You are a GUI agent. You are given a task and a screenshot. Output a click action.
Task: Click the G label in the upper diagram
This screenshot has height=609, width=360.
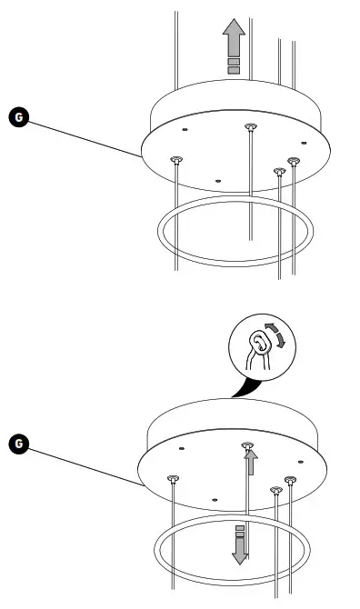18,116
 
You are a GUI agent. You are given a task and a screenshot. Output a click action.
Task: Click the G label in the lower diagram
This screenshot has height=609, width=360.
18,444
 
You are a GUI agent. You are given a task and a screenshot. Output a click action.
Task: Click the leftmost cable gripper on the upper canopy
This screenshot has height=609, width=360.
175,160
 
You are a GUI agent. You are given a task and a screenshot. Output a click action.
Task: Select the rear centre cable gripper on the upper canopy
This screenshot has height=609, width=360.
249,127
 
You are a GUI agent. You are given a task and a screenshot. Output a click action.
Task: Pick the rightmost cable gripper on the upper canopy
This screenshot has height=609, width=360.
293,161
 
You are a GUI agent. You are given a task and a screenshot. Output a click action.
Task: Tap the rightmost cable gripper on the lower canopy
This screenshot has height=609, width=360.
291,479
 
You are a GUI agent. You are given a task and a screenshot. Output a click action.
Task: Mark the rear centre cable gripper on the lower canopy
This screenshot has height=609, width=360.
246,445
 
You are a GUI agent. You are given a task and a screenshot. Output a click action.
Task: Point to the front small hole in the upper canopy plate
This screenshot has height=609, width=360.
217,179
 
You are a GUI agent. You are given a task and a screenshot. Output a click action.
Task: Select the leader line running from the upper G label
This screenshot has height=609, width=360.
82,136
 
